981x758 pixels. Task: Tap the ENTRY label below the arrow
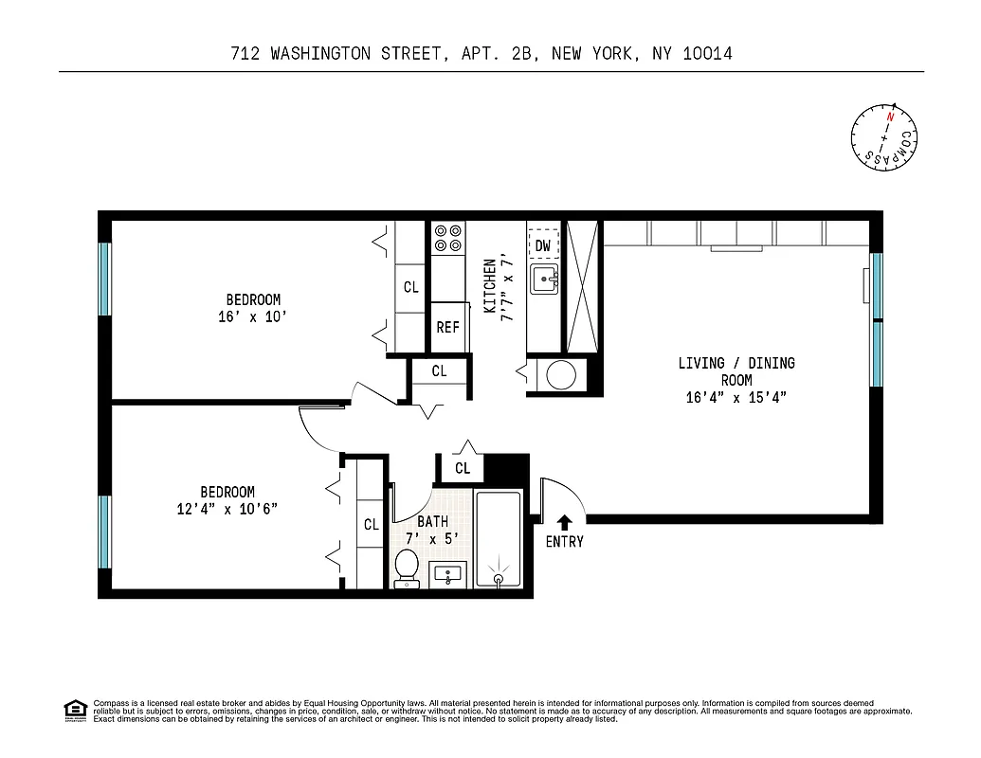[565, 542]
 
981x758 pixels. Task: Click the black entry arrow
[565, 521]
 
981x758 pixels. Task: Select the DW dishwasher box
[543, 245]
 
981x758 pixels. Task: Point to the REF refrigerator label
[447, 328]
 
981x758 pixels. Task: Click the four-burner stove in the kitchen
[447, 238]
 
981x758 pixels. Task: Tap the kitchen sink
[544, 280]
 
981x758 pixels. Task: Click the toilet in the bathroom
[407, 568]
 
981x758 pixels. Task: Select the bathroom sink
[446, 574]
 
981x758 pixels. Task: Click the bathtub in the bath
[499, 540]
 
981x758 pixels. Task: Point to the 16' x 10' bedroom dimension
[252, 317]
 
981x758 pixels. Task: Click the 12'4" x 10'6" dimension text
[227, 509]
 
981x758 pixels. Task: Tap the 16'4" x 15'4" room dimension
[736, 397]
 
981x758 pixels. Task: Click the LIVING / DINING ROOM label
[736, 371]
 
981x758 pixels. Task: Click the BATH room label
[432, 521]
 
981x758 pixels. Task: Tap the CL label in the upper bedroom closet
[410, 287]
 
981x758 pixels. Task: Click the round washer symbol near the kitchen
[560, 375]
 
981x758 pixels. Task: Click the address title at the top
[481, 54]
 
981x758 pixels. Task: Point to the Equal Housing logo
[74, 710]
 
